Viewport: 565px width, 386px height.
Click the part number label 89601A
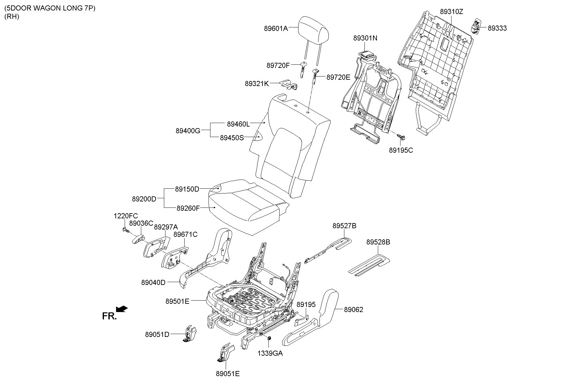[276, 28]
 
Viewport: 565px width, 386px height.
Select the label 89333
[497, 28]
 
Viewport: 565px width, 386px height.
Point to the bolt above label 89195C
[401, 137]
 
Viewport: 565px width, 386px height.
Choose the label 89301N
[365, 38]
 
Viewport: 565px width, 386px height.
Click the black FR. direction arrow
[122, 309]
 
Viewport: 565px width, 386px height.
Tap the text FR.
[109, 316]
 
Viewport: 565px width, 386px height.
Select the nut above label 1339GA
[269, 338]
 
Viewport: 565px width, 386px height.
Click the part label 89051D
[157, 334]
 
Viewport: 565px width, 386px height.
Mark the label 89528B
[378, 242]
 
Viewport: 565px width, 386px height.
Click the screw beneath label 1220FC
[125, 229]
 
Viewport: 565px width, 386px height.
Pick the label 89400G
[188, 130]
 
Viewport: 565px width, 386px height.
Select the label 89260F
[188, 208]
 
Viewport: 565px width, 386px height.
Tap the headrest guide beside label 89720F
[302, 68]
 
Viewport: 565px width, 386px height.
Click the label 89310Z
[451, 12]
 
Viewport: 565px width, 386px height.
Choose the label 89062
[353, 310]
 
